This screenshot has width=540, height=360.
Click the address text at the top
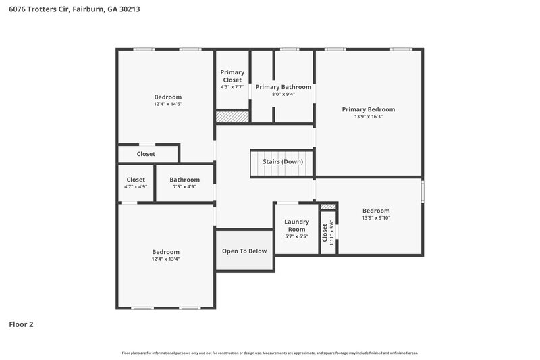pos(74,10)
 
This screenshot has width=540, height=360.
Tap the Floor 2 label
pos(21,324)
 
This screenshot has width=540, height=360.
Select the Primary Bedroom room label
pos(368,109)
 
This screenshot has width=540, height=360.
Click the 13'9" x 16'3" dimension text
pos(368,117)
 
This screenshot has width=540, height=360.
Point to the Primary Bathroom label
pos(283,87)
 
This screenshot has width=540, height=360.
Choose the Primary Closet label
pos(232,76)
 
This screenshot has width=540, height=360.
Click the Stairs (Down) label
pos(283,162)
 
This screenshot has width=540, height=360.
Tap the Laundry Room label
pos(296,225)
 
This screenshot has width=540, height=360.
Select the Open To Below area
pos(244,251)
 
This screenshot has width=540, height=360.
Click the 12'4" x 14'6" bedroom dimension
pos(167,104)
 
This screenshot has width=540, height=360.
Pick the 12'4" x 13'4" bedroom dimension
pos(165,259)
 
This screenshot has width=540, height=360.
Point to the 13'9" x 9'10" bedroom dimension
pos(376,217)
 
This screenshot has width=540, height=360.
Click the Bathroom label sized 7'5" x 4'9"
pos(184,180)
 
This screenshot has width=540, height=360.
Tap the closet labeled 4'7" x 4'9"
pos(136,187)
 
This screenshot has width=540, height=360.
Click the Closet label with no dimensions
pos(146,154)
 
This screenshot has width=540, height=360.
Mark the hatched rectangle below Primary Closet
pos(232,117)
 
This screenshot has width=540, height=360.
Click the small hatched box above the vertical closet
pos(327,207)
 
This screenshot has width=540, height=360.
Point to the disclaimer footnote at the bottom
pos(270,353)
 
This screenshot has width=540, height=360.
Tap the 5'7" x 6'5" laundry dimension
pos(296,236)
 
